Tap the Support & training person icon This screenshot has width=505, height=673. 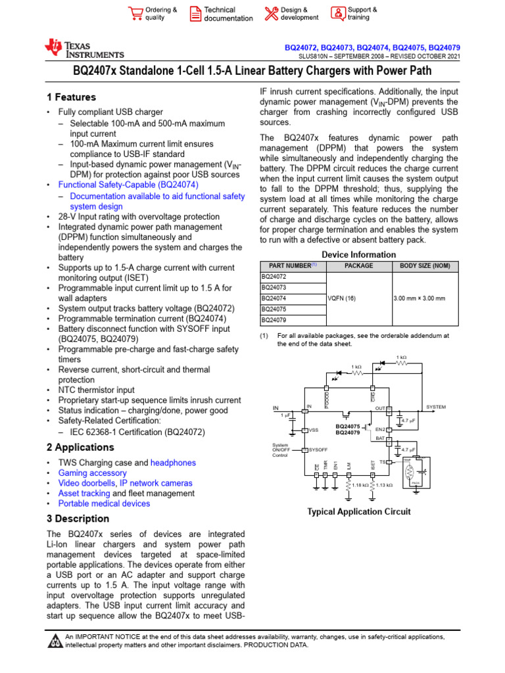337,14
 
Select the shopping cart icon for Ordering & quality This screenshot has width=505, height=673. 135,14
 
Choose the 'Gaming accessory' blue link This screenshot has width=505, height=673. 93,473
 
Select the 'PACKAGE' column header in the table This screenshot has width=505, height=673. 358,266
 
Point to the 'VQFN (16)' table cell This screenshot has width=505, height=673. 341,298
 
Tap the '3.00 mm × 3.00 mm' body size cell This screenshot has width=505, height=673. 419,298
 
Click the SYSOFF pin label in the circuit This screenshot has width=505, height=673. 319,450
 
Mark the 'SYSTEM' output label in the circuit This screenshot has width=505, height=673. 436,407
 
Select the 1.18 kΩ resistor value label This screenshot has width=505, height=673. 359,485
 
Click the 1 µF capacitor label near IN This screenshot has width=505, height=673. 285,415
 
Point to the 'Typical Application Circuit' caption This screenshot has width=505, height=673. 359,511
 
